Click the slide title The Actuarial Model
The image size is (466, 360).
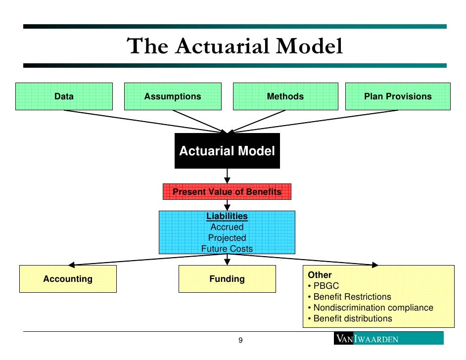235,46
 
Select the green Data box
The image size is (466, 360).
64,96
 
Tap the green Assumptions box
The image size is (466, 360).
173,96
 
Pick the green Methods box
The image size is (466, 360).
285,96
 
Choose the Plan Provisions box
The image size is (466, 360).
398,96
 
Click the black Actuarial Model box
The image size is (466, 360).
227,151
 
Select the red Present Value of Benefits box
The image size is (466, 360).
227,192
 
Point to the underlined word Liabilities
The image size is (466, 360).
227,217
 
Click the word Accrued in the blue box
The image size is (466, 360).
227,227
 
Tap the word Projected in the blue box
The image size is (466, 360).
227,238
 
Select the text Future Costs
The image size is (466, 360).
227,249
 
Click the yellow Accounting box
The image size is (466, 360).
68,279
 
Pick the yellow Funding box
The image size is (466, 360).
227,279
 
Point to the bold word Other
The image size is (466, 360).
320,275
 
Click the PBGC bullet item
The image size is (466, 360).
326,286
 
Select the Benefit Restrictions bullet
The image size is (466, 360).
352,297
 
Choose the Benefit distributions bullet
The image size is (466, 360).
352,318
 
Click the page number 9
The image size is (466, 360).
240,340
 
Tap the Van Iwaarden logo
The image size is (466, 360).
388,339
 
